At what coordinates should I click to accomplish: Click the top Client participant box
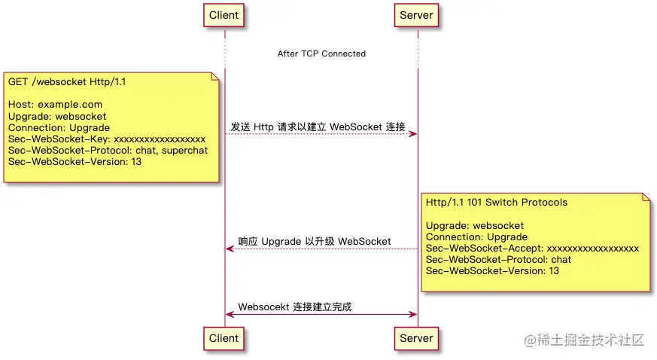point(224,15)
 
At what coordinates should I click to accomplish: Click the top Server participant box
point(417,15)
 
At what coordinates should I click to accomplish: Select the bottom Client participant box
point(224,338)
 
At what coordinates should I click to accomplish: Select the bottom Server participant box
point(417,338)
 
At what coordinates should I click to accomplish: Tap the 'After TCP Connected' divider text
point(321,53)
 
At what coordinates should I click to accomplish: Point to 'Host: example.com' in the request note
point(56,105)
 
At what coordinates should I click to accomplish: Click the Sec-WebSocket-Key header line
point(107,139)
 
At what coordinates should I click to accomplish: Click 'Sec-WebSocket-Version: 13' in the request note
point(75,162)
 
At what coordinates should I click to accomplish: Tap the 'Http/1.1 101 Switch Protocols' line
point(497,203)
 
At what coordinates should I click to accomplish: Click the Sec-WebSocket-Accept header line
point(532,249)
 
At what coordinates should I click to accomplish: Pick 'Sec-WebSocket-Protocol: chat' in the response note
point(498,260)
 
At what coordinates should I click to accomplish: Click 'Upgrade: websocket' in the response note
point(475,226)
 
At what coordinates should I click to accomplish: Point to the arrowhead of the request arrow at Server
point(413,134)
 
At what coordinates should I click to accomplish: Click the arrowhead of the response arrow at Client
point(230,249)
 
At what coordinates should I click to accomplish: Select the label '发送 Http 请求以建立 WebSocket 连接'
point(318,127)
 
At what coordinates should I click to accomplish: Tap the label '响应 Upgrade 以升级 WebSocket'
point(315,242)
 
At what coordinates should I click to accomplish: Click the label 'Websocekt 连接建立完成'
point(295,307)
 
